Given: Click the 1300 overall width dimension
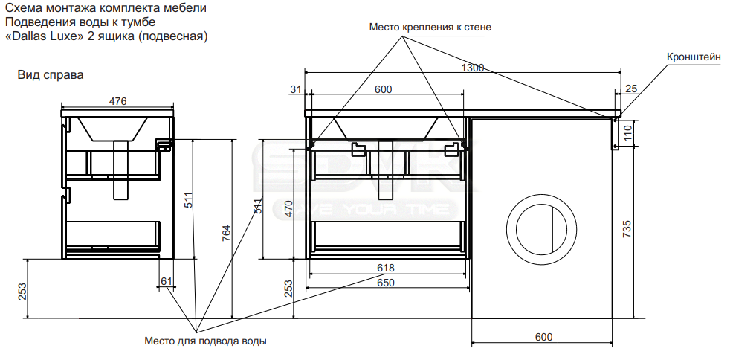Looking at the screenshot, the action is pos(473,68).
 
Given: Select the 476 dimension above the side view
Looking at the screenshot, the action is pos(117,101).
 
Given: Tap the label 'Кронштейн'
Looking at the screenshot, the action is pos(694,57).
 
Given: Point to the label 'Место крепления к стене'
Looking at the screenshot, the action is pos(430,27).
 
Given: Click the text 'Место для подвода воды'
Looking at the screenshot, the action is pos(206,341).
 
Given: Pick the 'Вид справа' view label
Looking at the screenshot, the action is pos(51,75).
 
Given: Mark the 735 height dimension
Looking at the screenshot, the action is pos(627,229).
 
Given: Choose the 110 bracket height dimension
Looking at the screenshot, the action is pos(627,133).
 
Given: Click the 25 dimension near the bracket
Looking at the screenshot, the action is pos(631,89).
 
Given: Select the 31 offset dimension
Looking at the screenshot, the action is pos(296,89).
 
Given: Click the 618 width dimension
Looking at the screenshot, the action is pos(386,268).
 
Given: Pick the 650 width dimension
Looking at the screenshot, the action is pos(386,283).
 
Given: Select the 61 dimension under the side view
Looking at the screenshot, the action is pos(167,281).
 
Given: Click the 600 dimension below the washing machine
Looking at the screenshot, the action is pos(543,337).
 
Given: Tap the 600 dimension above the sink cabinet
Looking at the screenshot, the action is pos(384,89).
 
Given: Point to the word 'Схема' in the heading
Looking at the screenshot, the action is pos(19,8).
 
